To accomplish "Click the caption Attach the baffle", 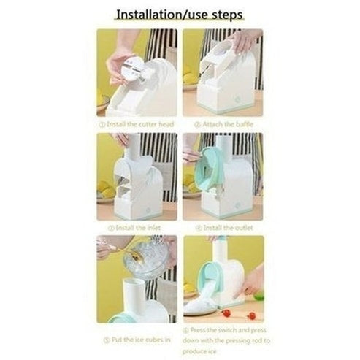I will (223, 124).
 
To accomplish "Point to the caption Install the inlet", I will (131, 228).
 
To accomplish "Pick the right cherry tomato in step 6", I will (252, 315).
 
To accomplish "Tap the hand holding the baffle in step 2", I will (242, 41).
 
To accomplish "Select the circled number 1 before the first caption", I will (102, 124).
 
